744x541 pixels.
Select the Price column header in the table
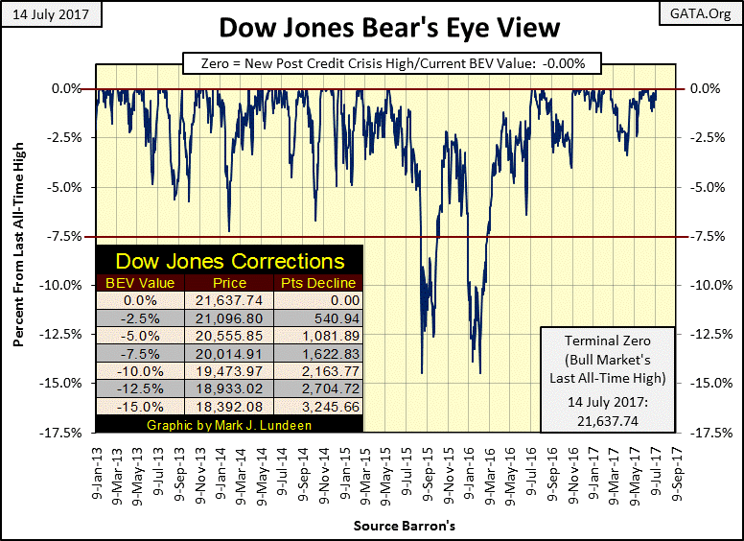coord(229,283)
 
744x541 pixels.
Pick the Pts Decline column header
coord(318,283)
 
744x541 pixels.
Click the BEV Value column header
coord(139,283)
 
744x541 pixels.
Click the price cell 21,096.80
coord(229,318)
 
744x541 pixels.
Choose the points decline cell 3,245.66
coord(318,407)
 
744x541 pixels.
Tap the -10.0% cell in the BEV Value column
coord(139,371)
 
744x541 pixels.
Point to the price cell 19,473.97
coord(229,371)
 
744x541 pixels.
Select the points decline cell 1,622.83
coord(318,354)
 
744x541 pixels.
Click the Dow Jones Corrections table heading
coord(230,261)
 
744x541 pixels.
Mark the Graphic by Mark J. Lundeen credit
coord(229,424)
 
